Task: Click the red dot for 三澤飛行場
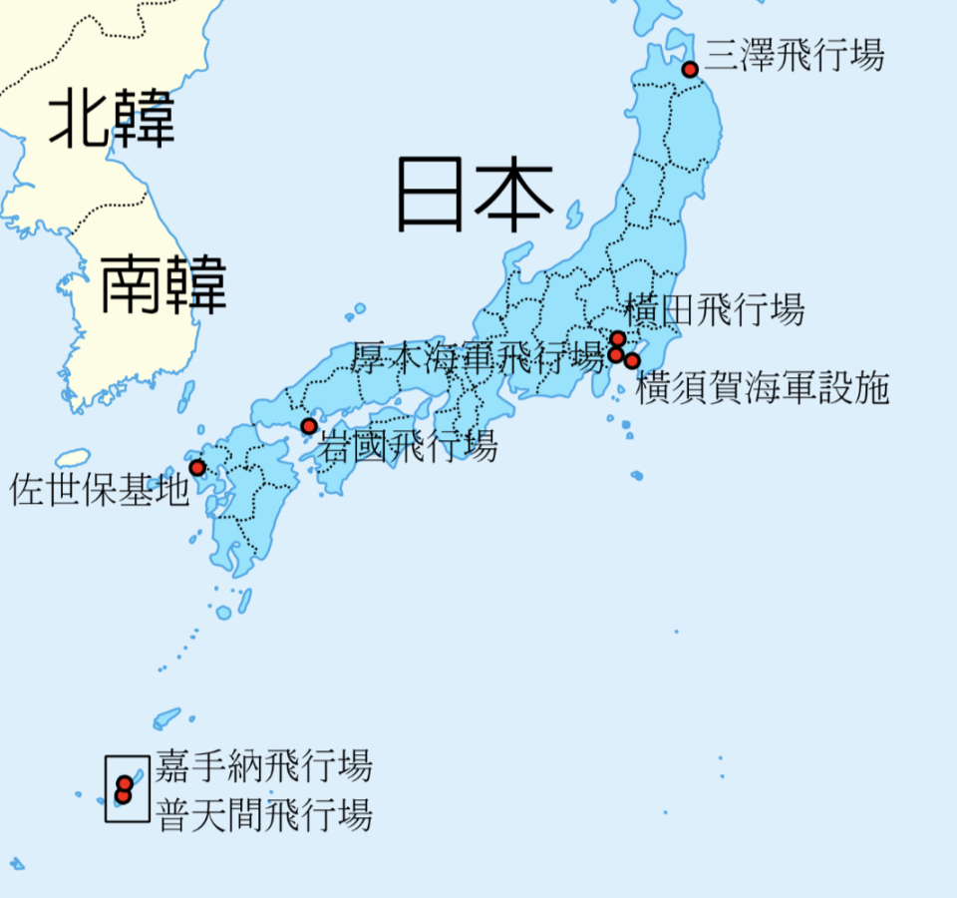coord(689,69)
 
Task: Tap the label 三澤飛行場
coord(795,55)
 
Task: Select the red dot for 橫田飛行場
coord(618,338)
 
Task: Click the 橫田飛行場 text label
coord(714,310)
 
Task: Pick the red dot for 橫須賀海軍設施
coord(632,360)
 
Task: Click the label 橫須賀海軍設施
coord(762,387)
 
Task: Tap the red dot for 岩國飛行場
coord(309,426)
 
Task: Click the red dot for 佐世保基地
coord(197,467)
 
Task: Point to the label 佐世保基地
coord(99,490)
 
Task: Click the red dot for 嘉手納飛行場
coord(125,783)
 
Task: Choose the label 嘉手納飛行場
coord(263,766)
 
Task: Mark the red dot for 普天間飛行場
coord(123,796)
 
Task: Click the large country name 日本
coord(475,194)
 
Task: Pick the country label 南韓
coord(163,284)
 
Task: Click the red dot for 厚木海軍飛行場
coord(616,354)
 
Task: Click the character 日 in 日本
coord(431,194)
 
